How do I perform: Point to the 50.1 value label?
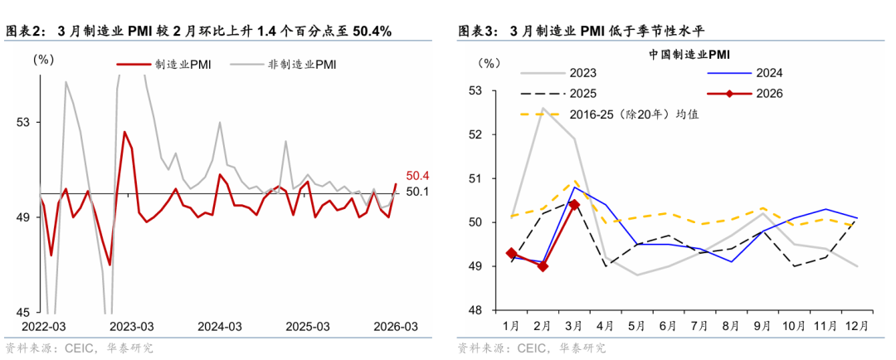416,192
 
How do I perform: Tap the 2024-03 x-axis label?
219,326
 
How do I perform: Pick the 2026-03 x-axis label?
395,326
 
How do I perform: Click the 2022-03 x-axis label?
43,326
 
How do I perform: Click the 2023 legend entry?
580,73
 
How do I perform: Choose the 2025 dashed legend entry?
580,94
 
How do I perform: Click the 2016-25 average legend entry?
631,114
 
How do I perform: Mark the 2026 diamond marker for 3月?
574,205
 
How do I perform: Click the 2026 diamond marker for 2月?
543,266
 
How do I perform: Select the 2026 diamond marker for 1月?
511,253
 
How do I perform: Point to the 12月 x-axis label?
858,326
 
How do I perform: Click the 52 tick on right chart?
475,134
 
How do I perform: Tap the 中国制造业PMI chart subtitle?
689,55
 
